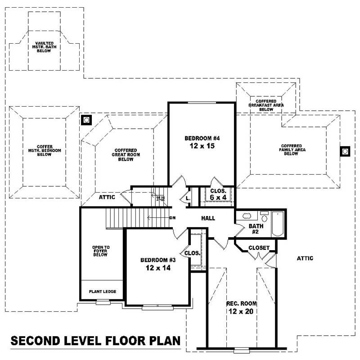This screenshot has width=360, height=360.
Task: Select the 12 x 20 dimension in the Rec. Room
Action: click(241, 311)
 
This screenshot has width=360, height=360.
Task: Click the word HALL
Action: click(208, 218)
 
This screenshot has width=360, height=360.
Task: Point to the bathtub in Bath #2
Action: click(278, 224)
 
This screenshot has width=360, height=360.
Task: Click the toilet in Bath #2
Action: click(264, 217)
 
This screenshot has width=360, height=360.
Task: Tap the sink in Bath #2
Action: click(247, 216)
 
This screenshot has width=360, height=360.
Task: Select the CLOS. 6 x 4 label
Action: click(218, 194)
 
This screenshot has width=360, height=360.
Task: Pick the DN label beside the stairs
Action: click(172, 218)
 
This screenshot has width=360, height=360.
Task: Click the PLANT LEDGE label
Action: click(102, 292)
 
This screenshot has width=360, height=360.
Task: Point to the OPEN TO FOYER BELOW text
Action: click(101, 251)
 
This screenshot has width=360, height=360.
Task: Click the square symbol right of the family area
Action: click(345, 151)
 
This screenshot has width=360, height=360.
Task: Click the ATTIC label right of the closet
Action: click(305, 258)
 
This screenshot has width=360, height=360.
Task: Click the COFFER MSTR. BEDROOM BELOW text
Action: click(44, 151)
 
